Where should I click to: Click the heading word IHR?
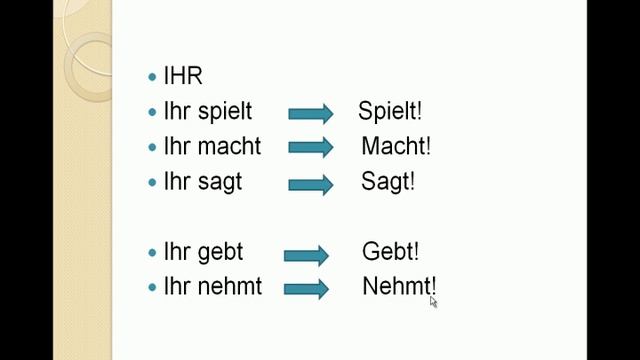click(182, 77)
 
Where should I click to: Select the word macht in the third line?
click(227, 146)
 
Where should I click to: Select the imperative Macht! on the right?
click(396, 146)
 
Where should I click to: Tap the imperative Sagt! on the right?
click(388, 182)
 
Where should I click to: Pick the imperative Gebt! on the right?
click(390, 252)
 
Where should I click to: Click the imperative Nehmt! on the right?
click(399, 286)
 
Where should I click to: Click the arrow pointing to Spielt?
click(310, 113)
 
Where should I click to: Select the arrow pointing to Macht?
click(310, 148)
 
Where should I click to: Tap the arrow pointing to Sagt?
click(310, 184)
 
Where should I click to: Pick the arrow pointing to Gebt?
click(306, 254)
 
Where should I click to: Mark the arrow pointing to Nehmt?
click(306, 289)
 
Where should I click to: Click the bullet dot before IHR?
click(152, 77)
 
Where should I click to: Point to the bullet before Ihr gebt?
click(152, 253)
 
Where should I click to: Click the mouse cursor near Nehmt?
click(433, 300)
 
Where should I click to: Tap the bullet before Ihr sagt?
click(152, 183)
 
